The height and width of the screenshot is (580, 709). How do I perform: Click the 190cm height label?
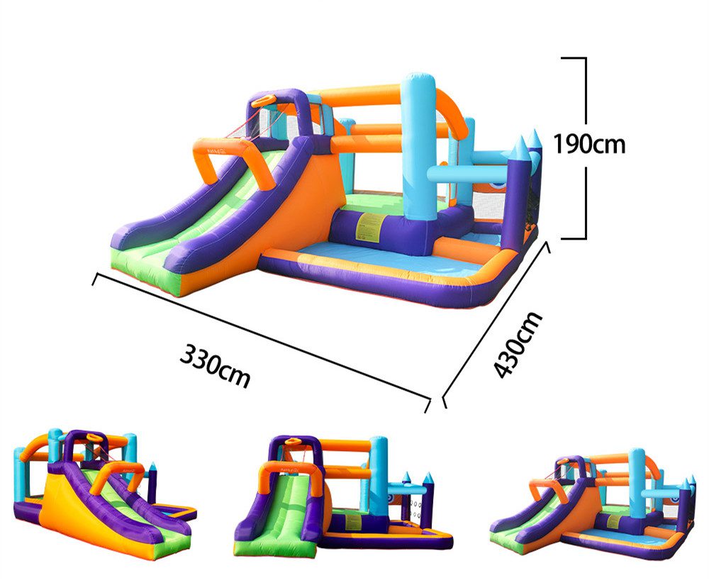589,144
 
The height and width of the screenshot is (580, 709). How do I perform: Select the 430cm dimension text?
518,345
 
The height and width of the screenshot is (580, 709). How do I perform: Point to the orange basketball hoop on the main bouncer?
264,101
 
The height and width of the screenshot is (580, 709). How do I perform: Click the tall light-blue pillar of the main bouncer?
419,147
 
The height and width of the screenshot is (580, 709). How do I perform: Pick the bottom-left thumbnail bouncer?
104,493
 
